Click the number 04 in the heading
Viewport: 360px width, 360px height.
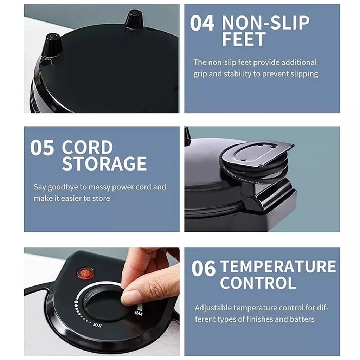pyautogui.click(x=202, y=23)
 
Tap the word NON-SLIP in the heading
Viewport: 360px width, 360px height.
pyautogui.click(x=266, y=23)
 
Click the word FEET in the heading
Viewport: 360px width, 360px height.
pyautogui.click(x=244, y=39)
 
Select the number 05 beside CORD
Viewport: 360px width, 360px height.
pyautogui.click(x=42, y=148)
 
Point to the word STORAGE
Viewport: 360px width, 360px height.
pyautogui.click(x=104, y=164)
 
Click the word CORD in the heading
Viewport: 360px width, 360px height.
pyautogui.click(x=87, y=147)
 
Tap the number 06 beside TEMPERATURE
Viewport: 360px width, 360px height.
pyautogui.click(x=204, y=268)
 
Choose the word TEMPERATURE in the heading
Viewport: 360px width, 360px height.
pyautogui.click(x=278, y=266)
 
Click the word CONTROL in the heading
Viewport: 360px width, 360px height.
pyautogui.click(x=258, y=283)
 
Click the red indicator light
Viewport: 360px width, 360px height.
pyautogui.click(x=85, y=273)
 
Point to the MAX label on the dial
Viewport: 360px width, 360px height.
pyautogui.click(x=139, y=313)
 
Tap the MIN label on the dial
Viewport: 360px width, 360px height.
pyautogui.click(x=97, y=324)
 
